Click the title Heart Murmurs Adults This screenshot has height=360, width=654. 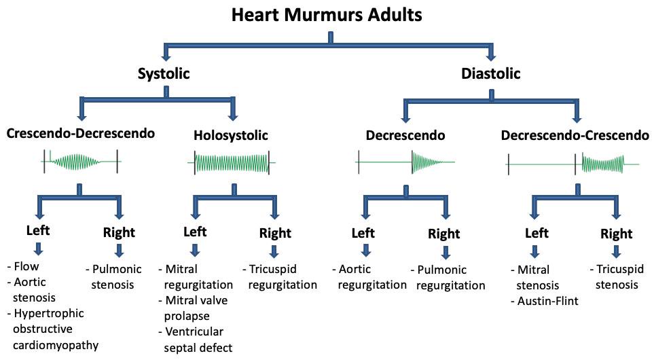pyautogui.click(x=327, y=15)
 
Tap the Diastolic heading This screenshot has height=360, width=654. pyautogui.click(x=491, y=73)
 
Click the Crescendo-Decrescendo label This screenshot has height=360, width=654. pyautogui.click(x=81, y=134)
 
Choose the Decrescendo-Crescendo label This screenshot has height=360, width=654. pyautogui.click(x=575, y=135)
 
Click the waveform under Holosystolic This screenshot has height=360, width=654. pyautogui.click(x=232, y=163)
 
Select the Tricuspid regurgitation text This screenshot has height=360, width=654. pyautogui.click(x=280, y=276)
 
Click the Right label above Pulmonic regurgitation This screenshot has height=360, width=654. pyautogui.click(x=444, y=234)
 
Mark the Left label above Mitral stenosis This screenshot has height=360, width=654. pyautogui.click(x=537, y=233)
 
